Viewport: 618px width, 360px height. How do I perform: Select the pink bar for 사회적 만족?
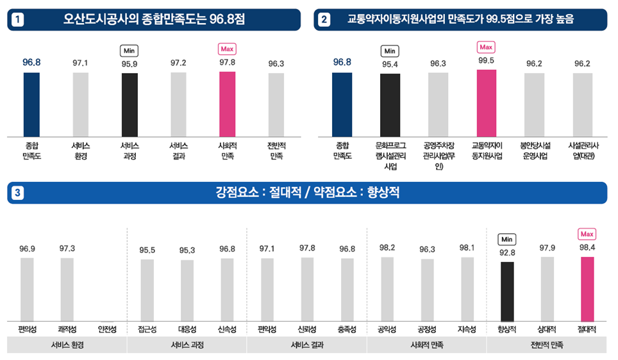pyautogui.click(x=227, y=104)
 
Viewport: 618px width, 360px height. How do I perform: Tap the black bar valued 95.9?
pyautogui.click(x=129, y=104)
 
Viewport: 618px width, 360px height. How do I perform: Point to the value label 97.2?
pyautogui.click(x=179, y=63)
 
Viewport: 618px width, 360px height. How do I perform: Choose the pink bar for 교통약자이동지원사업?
pyautogui.click(x=487, y=102)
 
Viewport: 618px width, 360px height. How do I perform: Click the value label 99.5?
pyautogui.click(x=487, y=61)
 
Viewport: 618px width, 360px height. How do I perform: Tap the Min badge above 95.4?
pyautogui.click(x=390, y=51)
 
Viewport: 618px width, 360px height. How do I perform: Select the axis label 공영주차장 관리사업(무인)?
pyautogui.click(x=438, y=156)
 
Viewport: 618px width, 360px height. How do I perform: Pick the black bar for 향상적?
pyautogui.click(x=507, y=291)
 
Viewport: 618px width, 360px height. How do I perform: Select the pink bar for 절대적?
pyautogui.click(x=587, y=289)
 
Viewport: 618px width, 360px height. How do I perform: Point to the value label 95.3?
pyautogui.click(x=187, y=250)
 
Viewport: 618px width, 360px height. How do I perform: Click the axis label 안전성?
pyautogui.click(x=107, y=329)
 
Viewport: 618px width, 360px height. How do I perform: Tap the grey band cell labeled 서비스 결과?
pyautogui.click(x=306, y=345)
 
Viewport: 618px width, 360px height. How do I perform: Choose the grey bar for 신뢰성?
pyautogui.click(x=307, y=290)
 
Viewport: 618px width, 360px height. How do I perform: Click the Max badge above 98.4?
pyautogui.click(x=587, y=234)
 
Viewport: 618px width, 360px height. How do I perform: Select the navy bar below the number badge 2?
pyautogui.click(x=342, y=104)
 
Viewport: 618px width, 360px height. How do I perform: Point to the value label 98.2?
pyautogui.click(x=387, y=247)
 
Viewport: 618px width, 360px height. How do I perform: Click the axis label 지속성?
pyautogui.click(x=467, y=329)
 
